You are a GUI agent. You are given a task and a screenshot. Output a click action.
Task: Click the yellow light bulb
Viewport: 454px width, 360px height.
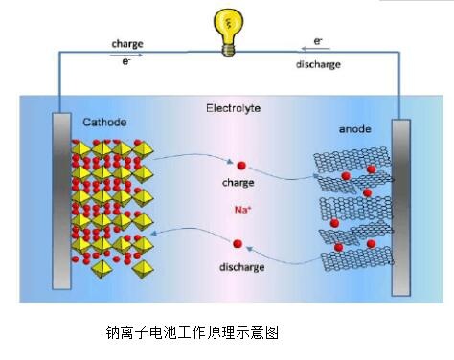click(x=228, y=32)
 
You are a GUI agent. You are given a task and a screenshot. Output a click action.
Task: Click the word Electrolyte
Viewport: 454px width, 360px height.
click(x=233, y=108)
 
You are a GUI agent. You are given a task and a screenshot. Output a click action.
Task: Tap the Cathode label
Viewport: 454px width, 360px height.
click(x=104, y=122)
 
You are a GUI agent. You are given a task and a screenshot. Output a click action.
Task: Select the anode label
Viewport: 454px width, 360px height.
click(x=354, y=129)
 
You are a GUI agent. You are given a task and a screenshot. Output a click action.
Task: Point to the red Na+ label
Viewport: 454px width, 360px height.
click(x=243, y=210)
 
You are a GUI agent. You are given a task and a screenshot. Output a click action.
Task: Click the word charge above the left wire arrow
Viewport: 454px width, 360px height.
click(x=127, y=44)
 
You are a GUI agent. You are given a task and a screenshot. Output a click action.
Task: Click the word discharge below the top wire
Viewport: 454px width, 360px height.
click(x=318, y=64)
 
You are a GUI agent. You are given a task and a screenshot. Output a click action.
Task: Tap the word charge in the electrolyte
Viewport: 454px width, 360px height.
click(x=238, y=183)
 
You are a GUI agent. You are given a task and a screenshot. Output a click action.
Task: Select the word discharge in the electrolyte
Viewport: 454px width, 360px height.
click(x=242, y=267)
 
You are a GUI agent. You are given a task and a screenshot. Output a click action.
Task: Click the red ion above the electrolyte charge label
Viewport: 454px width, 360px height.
click(x=241, y=166)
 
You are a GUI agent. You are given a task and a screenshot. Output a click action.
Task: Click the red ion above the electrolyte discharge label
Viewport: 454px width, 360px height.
click(x=238, y=244)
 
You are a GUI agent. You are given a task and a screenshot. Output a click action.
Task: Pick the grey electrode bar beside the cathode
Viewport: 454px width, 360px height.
click(x=61, y=201)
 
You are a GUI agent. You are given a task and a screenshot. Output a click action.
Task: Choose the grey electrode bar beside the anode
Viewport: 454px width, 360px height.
click(x=401, y=208)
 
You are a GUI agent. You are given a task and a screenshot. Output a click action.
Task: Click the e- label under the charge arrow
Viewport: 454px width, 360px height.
click(x=126, y=61)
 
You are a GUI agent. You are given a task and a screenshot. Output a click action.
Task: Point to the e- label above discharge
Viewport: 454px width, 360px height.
click(x=318, y=41)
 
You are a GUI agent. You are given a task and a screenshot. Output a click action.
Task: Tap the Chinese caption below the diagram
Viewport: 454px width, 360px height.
click(x=193, y=332)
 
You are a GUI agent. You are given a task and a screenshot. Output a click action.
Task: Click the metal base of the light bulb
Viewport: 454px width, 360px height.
click(x=228, y=51)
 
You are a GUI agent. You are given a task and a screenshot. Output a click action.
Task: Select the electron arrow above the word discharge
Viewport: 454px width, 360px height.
click(x=315, y=49)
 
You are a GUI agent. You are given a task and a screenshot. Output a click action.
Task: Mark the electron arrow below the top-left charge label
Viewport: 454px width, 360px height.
click(x=125, y=55)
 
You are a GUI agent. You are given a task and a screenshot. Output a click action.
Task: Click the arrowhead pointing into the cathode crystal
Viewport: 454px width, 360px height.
click(x=154, y=234)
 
